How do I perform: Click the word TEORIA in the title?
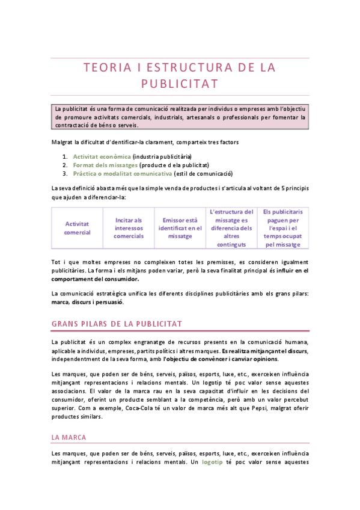(x=108, y=68)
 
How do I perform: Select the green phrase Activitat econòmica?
(x=97, y=156)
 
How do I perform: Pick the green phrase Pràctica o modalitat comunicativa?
(x=122, y=173)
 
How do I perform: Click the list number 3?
(x=64, y=173)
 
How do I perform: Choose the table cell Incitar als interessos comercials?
(x=129, y=228)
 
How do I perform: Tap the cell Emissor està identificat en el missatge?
(x=180, y=228)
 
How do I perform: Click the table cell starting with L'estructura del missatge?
(x=231, y=228)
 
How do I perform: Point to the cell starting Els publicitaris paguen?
(x=282, y=228)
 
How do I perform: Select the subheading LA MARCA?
(x=69, y=437)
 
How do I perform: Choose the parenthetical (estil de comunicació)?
(x=203, y=173)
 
